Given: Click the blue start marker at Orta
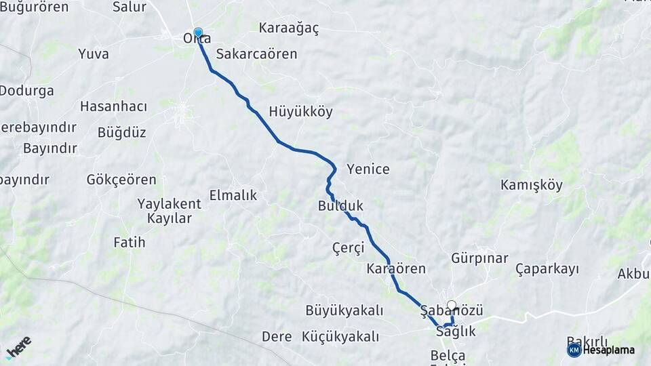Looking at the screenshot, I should tap(198, 33).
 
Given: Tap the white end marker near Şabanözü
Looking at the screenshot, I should tap(452, 306).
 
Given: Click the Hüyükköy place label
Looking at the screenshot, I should tap(300, 112).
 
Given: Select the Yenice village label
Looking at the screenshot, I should tap(368, 169).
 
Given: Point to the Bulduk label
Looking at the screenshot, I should tap(340, 205).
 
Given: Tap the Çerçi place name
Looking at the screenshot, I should tap(349, 247).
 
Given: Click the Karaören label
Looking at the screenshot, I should tap(396, 268).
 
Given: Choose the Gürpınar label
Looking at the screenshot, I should tap(479, 258).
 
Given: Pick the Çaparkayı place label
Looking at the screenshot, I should tap(547, 269).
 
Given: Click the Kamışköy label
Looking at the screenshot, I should tap(531, 185).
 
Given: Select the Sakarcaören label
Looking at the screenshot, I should tap(256, 54).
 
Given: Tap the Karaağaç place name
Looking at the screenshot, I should tap(289, 28).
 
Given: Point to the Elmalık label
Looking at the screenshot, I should tap(233, 195).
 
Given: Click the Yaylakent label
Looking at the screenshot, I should tap(169, 203).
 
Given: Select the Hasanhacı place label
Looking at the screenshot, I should tap(113, 106).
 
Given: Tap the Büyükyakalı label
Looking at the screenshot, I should tap(344, 310).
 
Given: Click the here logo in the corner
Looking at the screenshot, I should tap(18, 348).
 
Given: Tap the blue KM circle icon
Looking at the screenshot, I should tap(574, 350).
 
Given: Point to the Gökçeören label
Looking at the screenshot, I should tap(121, 180).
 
